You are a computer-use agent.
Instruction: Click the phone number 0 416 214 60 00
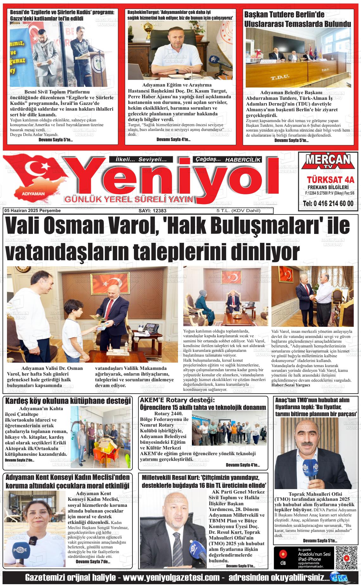pos(328,203)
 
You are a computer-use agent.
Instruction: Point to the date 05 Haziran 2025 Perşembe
pos(33,210)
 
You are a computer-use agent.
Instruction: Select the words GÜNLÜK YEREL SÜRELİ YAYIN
pos(129,199)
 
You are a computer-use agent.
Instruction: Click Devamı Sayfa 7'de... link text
pos(93,562)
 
